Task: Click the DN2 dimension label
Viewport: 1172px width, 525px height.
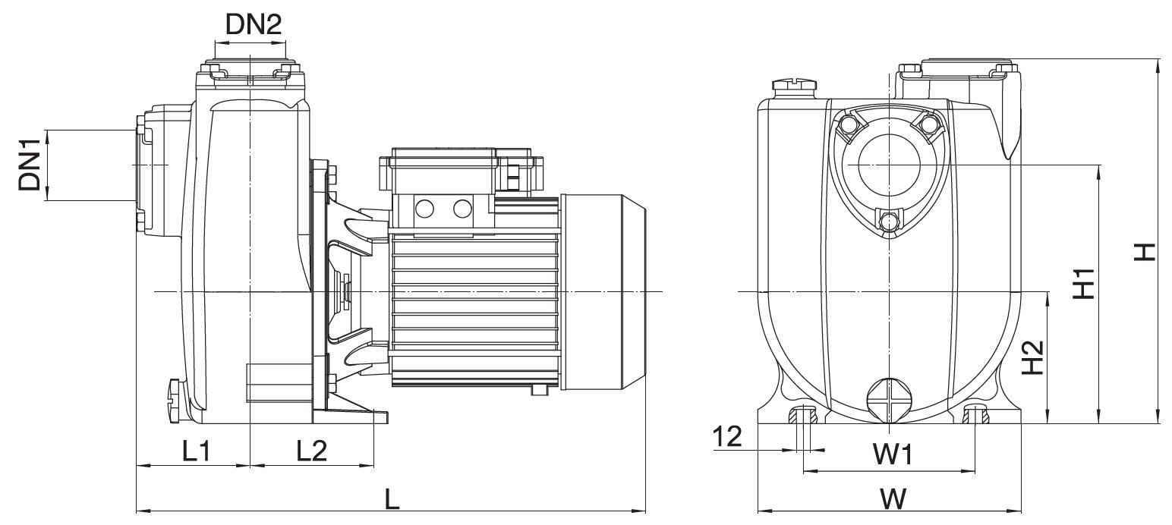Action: point(254,24)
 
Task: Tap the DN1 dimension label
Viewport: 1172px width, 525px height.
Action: point(30,165)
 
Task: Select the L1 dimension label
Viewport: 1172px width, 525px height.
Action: point(197,450)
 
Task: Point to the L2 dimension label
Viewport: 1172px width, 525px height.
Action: point(312,450)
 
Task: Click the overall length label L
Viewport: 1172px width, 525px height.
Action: point(392,499)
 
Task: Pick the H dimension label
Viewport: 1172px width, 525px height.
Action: point(1144,252)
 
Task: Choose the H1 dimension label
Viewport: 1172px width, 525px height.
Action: point(1084,284)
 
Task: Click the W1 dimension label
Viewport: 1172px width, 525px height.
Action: point(893,454)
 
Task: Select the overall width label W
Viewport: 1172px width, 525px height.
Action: point(893,499)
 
